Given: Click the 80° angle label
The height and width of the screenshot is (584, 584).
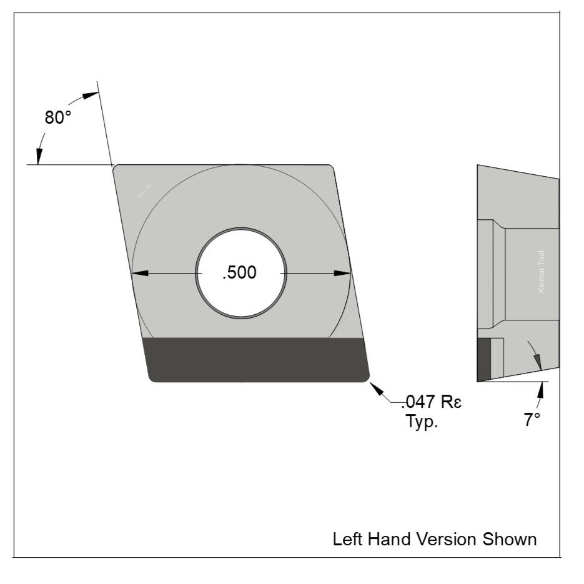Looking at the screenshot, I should pyautogui.click(x=58, y=117).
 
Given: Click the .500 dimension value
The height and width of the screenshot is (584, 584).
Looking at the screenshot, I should pyautogui.click(x=240, y=273).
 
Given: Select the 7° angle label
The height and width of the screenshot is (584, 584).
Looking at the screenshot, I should pyautogui.click(x=532, y=420).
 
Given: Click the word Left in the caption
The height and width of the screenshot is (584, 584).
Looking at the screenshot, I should pyautogui.click(x=346, y=538).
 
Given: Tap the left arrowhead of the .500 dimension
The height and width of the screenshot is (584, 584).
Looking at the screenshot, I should pyautogui.click(x=138, y=273).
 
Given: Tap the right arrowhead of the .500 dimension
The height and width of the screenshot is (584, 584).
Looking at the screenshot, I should pyautogui.click(x=344, y=273).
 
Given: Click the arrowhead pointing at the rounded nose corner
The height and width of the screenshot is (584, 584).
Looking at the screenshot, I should pyautogui.click(x=377, y=388).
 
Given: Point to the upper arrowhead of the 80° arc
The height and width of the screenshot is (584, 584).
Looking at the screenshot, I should pyautogui.click(x=91, y=94).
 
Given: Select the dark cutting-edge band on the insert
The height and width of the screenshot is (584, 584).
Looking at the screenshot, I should pyautogui.click(x=256, y=359).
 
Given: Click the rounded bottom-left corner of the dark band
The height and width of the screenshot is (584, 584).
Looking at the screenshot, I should pyautogui.click(x=152, y=377).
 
